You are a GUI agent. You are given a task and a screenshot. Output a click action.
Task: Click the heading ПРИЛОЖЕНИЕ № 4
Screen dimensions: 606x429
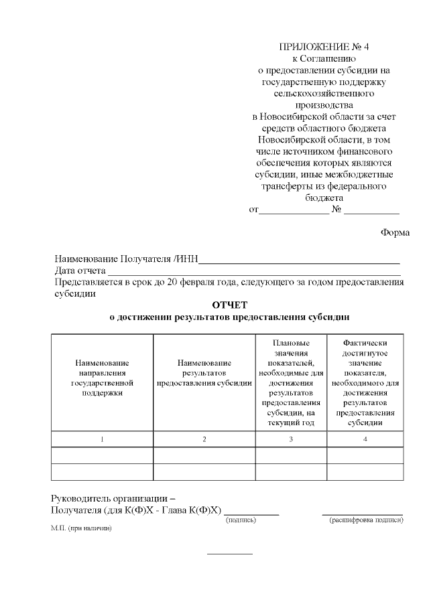click(x=324, y=47)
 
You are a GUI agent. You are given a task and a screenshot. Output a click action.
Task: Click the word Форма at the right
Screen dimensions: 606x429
click(x=395, y=232)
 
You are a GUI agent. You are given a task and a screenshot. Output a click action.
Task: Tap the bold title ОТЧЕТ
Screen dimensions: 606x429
click(x=229, y=305)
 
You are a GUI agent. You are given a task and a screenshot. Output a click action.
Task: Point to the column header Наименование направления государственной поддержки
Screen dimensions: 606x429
click(x=102, y=378)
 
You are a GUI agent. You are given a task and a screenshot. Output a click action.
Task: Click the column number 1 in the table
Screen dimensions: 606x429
click(x=102, y=439)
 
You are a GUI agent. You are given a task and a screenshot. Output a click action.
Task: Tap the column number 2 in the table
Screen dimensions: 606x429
click(x=204, y=439)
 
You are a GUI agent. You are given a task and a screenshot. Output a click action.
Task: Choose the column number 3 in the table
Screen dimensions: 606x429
click(x=291, y=439)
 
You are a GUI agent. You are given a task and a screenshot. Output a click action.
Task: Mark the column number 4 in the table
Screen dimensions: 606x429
click(x=365, y=439)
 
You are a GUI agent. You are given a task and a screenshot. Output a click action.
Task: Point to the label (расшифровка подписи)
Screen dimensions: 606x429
click(x=366, y=520)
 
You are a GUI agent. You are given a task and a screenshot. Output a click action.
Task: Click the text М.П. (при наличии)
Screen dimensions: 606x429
click(x=80, y=528)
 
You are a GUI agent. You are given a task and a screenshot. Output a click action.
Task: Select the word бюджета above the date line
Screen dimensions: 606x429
click(x=324, y=198)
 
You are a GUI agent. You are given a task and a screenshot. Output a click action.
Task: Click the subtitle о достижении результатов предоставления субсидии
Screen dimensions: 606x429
click(x=229, y=317)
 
